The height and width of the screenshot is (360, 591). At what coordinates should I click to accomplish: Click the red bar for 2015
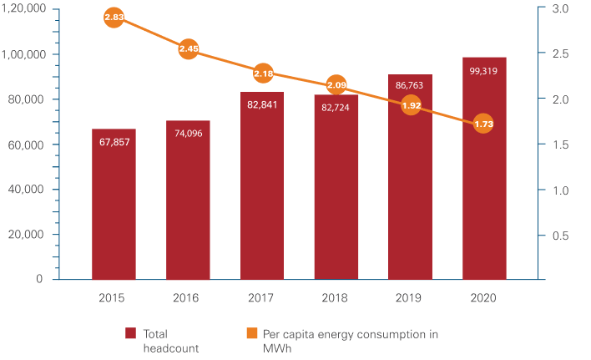click(x=114, y=205)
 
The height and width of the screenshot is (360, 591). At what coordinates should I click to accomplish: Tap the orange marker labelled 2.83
click(x=114, y=18)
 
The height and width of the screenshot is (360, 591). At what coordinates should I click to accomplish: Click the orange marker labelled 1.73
click(x=483, y=124)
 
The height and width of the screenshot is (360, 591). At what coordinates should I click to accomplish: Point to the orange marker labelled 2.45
click(x=189, y=49)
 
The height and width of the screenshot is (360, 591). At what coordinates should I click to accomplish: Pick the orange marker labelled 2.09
click(x=336, y=84)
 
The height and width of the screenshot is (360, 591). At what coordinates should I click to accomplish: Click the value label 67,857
click(x=114, y=142)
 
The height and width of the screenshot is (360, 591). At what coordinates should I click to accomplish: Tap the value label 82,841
click(x=262, y=104)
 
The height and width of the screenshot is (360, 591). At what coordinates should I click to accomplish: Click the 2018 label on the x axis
click(x=336, y=297)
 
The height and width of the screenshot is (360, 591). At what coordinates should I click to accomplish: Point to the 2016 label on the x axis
click(x=189, y=297)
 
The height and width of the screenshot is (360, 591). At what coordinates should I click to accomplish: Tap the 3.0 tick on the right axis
click(x=560, y=9)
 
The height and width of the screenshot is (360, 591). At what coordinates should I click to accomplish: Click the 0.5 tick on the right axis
click(x=560, y=236)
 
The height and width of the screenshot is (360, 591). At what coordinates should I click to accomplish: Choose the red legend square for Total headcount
click(x=131, y=334)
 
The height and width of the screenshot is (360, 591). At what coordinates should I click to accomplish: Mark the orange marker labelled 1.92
click(x=410, y=106)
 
